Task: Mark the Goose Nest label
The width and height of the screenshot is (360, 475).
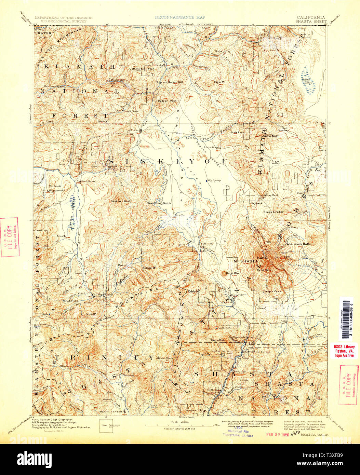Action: point(270,136)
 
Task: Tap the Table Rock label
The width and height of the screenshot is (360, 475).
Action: point(237,132)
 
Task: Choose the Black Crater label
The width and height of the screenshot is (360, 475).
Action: point(274,212)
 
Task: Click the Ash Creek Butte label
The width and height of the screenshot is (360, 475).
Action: point(298,244)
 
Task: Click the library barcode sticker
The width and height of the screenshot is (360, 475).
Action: point(346,318)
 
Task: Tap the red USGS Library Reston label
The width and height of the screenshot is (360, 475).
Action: point(344,351)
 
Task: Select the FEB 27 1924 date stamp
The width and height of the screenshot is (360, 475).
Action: point(278,435)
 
